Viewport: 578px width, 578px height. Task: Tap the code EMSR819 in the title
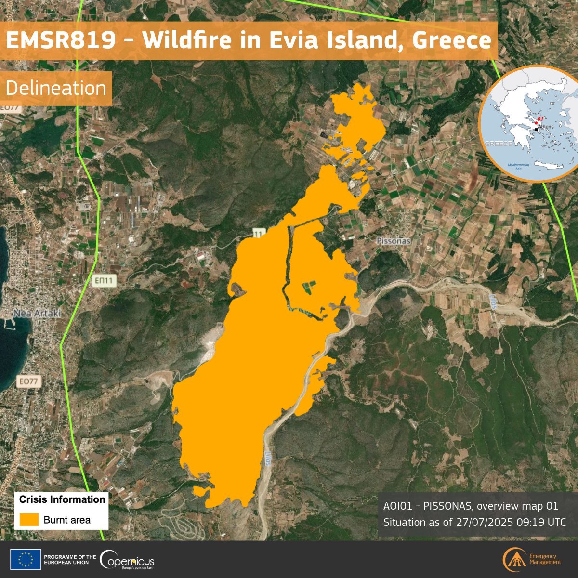tap(61, 40)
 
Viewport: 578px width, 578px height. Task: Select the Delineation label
tap(56, 88)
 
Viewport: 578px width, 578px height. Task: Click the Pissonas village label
tap(394, 240)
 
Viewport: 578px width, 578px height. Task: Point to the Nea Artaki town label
tap(37, 313)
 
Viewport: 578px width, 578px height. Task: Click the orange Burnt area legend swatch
tap(29, 520)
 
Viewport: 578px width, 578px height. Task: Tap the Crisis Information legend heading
tap(62, 499)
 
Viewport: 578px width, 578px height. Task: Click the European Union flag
tap(28, 560)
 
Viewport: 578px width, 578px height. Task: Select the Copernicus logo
tap(128, 560)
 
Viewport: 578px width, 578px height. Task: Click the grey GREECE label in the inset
tap(498, 144)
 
